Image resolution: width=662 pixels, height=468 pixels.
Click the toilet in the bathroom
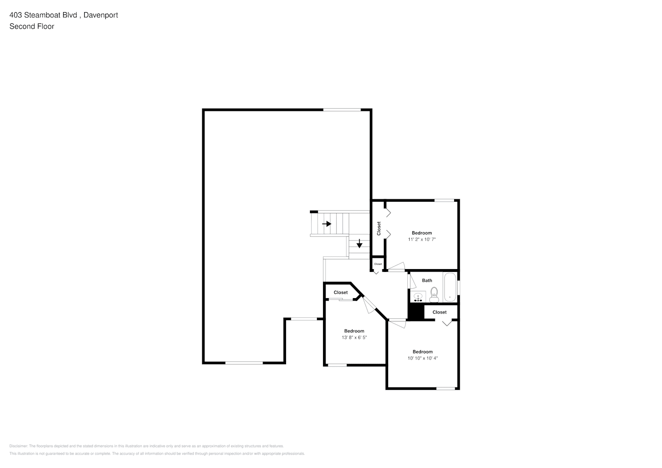click(x=434, y=294)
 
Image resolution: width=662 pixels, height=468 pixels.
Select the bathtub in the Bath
click(x=449, y=287)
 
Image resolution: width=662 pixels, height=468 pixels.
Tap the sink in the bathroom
click(x=418, y=297)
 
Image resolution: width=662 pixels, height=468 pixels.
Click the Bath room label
click(x=427, y=281)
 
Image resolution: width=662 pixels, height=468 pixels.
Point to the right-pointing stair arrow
click(x=327, y=224)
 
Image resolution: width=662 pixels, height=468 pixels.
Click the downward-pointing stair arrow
click(x=360, y=244)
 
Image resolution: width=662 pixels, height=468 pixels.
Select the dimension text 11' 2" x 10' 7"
click(x=422, y=240)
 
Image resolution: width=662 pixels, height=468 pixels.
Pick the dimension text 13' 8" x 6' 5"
click(x=354, y=337)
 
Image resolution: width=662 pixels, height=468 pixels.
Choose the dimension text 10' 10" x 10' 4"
click(x=422, y=358)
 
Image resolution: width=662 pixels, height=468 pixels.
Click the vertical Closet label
click(x=379, y=228)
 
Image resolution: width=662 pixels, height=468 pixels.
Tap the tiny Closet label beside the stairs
click(x=378, y=264)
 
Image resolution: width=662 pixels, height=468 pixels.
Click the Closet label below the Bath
click(x=440, y=312)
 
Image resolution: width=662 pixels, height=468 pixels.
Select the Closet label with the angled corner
click(x=341, y=292)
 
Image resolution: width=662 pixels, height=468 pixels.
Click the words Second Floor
click(x=32, y=26)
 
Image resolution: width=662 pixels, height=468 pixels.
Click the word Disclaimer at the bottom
click(x=18, y=446)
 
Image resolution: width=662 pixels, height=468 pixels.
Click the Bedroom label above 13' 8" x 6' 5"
click(x=354, y=331)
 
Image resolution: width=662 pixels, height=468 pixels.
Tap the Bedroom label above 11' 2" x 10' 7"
click(x=422, y=233)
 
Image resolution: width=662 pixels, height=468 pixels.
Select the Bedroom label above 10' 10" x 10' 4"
click(x=422, y=352)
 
